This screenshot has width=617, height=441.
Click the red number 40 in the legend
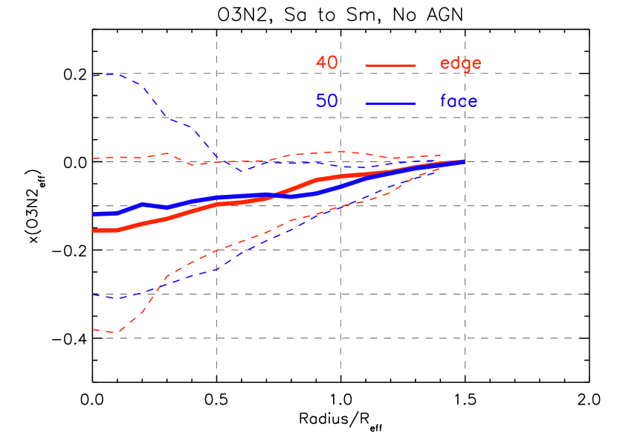tap(326, 63)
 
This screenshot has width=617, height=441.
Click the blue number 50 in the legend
tap(326, 101)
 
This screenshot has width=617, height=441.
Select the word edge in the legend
tap(460, 64)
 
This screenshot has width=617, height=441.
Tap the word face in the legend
tap(459, 101)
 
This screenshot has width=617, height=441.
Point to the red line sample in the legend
tap(390, 65)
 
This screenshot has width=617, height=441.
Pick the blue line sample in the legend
tap(390, 103)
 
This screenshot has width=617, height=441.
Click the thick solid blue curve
tap(192, 202)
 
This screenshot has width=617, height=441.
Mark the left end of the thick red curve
tap(93, 231)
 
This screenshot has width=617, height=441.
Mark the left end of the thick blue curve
tap(93, 214)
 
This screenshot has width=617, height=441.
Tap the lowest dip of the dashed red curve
tap(113, 332)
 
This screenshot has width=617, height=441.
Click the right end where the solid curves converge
tap(464, 161)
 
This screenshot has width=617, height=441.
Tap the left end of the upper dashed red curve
tap(93, 158)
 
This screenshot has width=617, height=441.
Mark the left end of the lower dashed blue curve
tap(93, 295)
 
